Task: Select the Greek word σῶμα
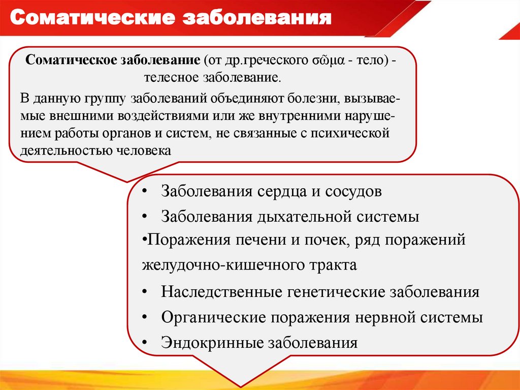323,60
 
